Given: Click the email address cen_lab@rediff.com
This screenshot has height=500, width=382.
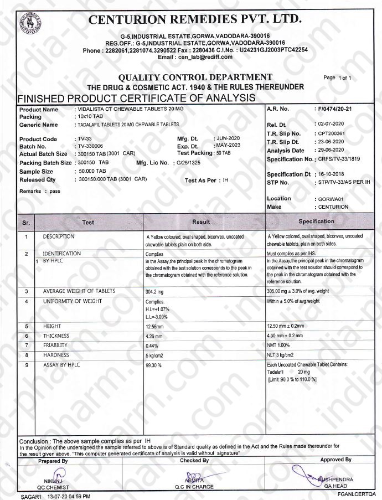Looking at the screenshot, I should (203, 57).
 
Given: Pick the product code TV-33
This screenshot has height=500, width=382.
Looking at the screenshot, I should (86, 139).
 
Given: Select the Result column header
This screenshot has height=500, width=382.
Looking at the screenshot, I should (201, 222).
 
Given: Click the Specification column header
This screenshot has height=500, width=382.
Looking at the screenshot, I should (316, 221).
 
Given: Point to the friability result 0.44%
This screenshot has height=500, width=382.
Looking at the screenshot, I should (152, 346).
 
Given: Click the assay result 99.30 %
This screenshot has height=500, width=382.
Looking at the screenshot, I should (153, 366).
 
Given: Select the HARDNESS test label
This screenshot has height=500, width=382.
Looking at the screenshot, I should (56, 355).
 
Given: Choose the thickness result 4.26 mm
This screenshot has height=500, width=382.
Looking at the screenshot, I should (153, 336).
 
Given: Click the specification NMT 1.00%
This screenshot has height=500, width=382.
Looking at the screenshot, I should (279, 346).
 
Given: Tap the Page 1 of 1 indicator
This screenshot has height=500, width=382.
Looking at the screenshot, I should (337, 78).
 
